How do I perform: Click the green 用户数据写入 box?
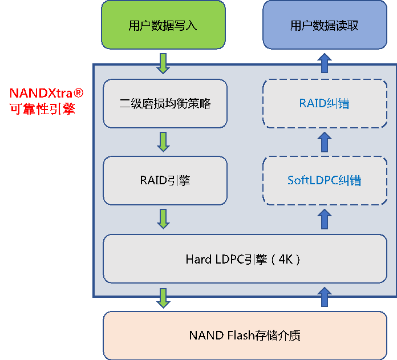click(163, 25)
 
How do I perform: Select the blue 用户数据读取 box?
click(324, 25)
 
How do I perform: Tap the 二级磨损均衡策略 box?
click(165, 103)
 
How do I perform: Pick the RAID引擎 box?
click(165, 180)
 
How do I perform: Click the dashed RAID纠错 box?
click(324, 103)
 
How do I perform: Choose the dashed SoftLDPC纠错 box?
click(324, 180)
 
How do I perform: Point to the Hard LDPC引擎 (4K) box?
click(244, 259)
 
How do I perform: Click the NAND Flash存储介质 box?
click(244, 335)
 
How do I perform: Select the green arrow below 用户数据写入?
click(164, 63)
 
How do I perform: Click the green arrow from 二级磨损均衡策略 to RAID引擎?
click(164, 141)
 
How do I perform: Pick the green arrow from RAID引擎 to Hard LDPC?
click(164, 219)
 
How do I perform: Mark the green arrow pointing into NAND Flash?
click(164, 298)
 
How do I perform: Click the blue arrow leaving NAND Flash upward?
click(324, 297)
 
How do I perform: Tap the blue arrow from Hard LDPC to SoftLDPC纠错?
click(324, 219)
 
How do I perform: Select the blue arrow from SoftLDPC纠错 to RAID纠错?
click(324, 141)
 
